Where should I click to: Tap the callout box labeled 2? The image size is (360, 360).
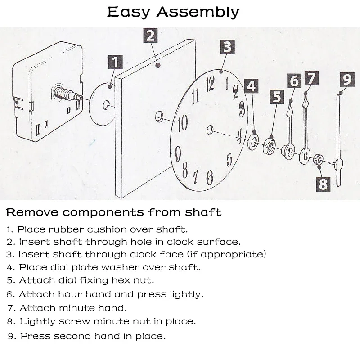(x=151, y=36)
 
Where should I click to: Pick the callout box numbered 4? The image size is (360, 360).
(x=252, y=86)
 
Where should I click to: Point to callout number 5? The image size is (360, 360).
(x=276, y=97)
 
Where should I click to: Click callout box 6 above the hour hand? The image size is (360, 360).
(x=294, y=81)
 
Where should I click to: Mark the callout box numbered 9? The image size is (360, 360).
(x=347, y=79)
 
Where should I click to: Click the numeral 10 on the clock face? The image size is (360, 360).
(x=183, y=122)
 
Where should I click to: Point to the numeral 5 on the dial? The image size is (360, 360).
(x=229, y=159)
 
